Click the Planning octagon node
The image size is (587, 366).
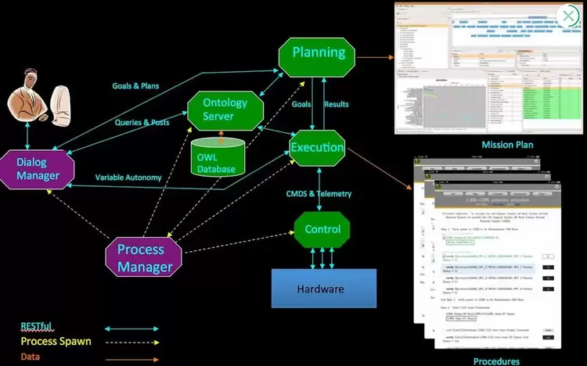coord(318,53)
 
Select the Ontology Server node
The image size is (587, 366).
coord(225,109)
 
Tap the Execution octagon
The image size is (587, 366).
coord(316,147)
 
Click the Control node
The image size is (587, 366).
coord(322,229)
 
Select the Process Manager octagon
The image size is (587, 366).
coord(144,258)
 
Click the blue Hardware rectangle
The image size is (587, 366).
coord(323,289)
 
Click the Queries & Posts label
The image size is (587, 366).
coord(142,122)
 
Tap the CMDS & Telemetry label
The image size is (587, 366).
coord(319,193)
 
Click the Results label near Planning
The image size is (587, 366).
coord(337,104)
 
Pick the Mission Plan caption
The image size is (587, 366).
coord(486,145)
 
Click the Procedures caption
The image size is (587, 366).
coord(496,361)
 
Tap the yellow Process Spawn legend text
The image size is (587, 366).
coord(56,341)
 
